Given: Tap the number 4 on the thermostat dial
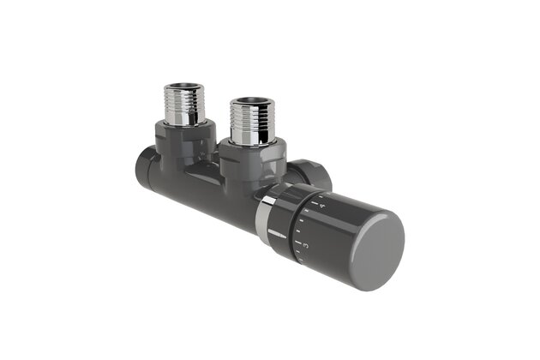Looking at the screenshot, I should point(321,206).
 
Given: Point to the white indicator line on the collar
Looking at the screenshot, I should point(276,234).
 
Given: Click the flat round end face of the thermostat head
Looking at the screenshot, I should point(372,249).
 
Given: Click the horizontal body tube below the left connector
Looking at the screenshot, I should point(184,184).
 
